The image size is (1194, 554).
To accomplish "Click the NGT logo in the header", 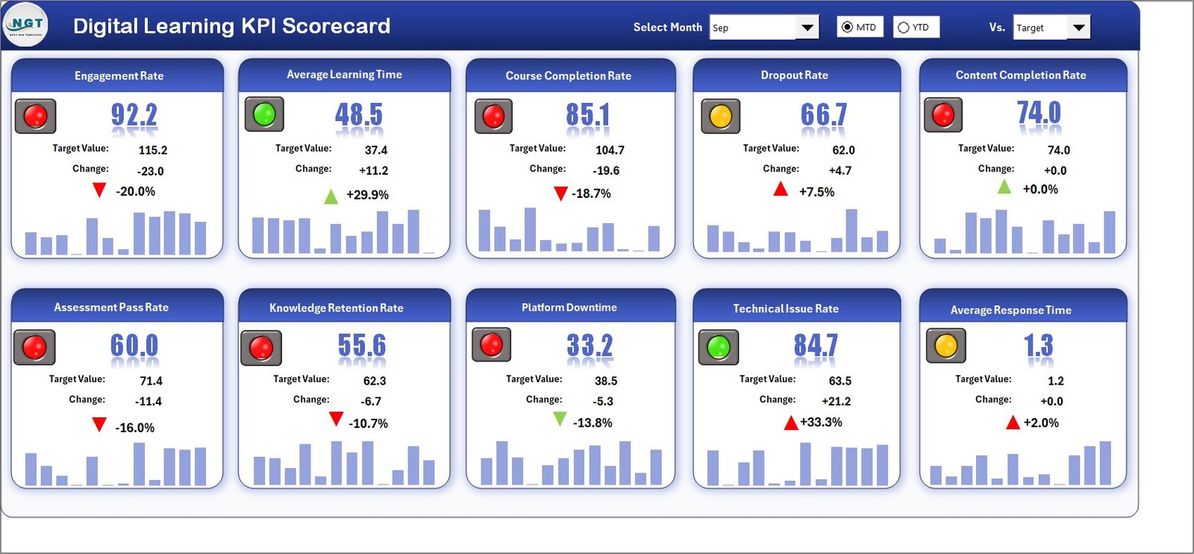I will coord(25,25).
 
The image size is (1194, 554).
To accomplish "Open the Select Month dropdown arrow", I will coord(807,28).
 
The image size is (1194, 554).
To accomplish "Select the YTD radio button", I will coord(904,28).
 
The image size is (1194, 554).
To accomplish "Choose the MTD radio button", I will coord(847,28).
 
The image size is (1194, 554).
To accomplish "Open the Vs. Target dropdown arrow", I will coord(1078,28).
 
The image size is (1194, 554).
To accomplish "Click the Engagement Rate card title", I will coord(119,75).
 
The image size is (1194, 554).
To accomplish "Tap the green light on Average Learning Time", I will coord(264,114).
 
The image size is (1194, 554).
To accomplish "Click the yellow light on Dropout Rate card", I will coord(720,116).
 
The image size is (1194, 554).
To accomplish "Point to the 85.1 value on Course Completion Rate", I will coord(587,115).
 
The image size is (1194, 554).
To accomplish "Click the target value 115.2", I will coord(153,150).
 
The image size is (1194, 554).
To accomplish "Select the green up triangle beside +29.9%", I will coord(331,196).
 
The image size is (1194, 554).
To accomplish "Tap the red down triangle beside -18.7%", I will coord(560,193).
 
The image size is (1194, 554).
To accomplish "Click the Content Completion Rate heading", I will coord(1020,75).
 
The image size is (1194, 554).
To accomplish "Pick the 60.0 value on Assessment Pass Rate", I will coord(134,346).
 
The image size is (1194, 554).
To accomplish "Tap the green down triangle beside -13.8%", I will coord(559,419).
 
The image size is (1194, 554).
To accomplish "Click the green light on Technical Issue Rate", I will coord(718,347).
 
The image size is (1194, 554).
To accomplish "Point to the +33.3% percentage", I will coord(821,422).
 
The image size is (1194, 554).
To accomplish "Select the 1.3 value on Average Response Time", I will coord(1038,345).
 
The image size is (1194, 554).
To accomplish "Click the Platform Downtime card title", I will coord(569,307).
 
